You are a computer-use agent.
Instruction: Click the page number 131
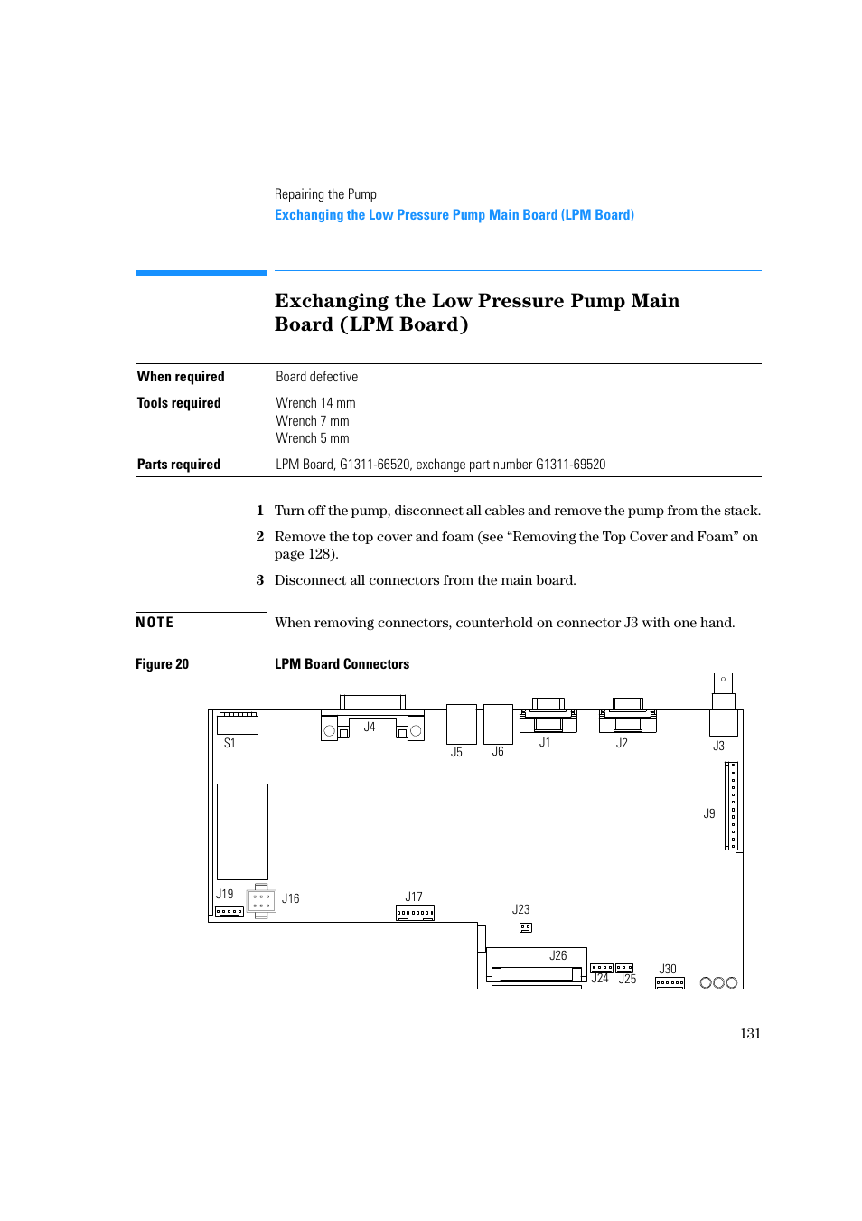[750, 1034]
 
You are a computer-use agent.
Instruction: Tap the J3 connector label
[718, 746]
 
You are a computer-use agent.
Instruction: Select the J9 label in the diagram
[709, 813]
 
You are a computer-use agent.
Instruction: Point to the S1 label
[230, 743]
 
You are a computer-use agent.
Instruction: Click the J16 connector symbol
[261, 901]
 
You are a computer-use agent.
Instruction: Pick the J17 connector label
[414, 897]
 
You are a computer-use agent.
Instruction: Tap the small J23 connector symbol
[526, 927]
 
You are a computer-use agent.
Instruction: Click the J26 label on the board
[558, 955]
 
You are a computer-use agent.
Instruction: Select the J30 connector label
[668, 969]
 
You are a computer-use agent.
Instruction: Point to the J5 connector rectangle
[461, 724]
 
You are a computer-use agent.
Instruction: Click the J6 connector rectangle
[498, 724]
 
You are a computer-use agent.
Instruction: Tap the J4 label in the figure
[370, 727]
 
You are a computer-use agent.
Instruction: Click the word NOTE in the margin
[155, 623]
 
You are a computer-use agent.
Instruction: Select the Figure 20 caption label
[163, 664]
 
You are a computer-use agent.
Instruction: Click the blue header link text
[454, 215]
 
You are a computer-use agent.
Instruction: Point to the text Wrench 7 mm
[313, 421]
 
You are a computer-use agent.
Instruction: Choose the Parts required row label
[179, 465]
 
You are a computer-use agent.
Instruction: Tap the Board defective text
[317, 377]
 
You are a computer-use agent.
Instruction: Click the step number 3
[260, 580]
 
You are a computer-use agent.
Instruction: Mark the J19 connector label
[224, 894]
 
